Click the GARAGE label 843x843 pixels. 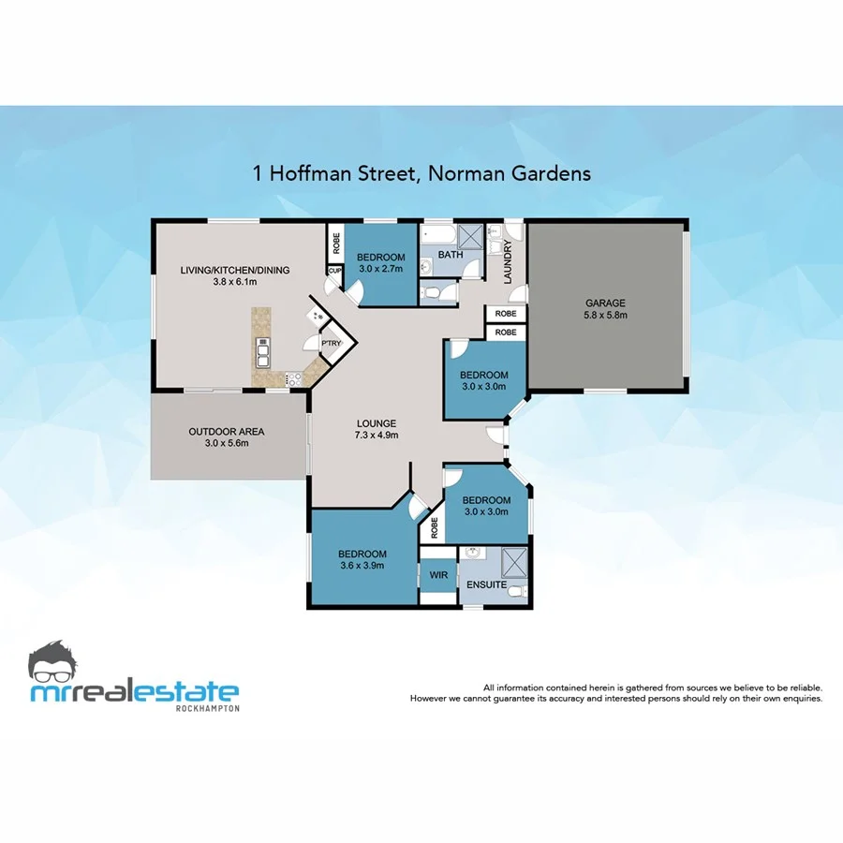coord(605,303)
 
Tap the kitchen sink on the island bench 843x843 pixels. coord(263,354)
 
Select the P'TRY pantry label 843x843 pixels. coord(332,344)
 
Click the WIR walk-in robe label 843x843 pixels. coord(437,574)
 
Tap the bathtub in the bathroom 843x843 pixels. coord(437,234)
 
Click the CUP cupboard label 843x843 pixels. coord(333,272)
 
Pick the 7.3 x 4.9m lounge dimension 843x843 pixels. coord(377,436)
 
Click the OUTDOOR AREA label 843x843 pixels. coord(227,431)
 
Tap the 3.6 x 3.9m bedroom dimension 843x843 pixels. coord(362,565)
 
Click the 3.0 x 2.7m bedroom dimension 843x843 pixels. coord(380,269)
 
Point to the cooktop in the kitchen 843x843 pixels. coord(293,379)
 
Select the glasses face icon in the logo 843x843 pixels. coord(58,662)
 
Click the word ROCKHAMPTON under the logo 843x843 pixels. coord(208,708)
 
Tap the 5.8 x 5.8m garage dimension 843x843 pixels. coord(605,315)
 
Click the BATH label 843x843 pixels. coord(451,255)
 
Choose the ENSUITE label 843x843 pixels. coord(486,585)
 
